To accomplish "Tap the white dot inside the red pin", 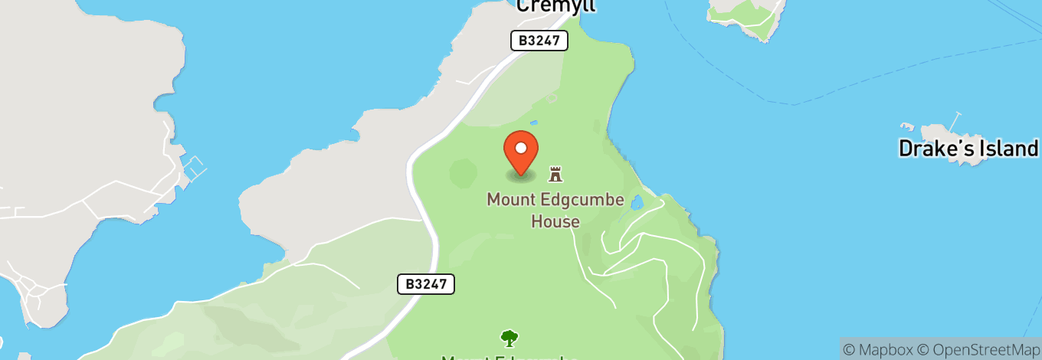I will (x=521, y=147).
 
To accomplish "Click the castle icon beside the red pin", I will (x=555, y=174).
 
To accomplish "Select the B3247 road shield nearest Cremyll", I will (x=539, y=41).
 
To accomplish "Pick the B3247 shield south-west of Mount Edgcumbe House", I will (x=426, y=284).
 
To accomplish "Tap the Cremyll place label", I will (x=555, y=6).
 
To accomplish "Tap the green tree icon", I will (x=509, y=337).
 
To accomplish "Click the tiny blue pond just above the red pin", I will (x=533, y=122).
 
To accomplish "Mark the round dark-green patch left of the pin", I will (x=463, y=172).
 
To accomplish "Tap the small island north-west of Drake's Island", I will (x=747, y=11).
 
